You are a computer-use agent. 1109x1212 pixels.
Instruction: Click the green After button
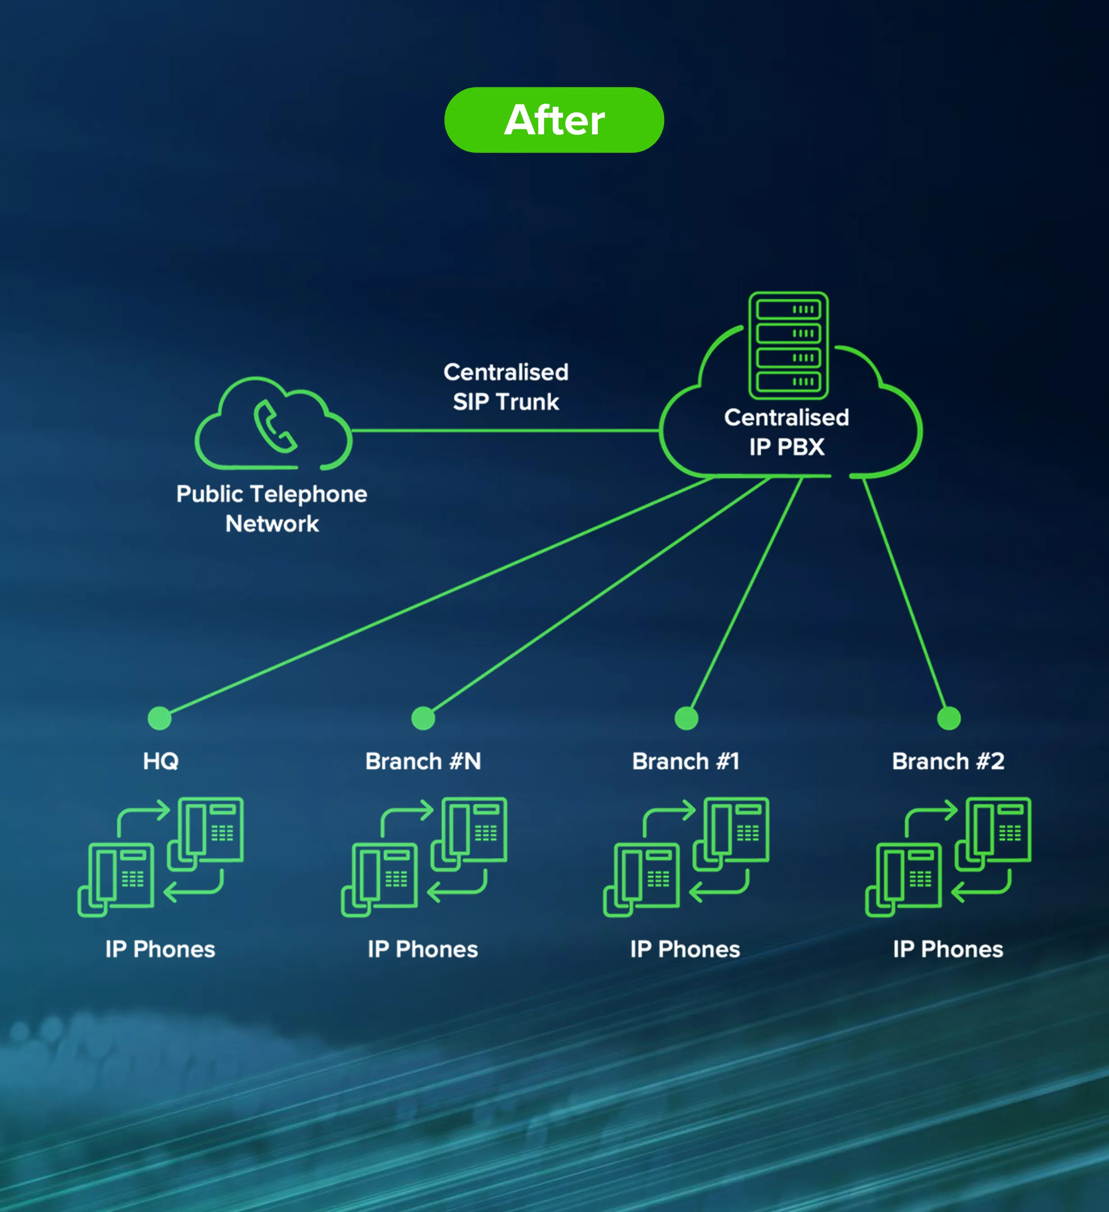coord(554,119)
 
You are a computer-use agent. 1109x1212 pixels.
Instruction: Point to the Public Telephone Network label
coord(272,508)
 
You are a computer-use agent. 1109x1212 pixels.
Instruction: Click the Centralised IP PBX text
coord(786,432)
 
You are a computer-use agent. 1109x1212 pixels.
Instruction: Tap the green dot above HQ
coord(159,718)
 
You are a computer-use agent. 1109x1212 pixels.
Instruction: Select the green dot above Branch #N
coord(423,718)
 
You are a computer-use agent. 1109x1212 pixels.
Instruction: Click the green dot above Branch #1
coord(687,718)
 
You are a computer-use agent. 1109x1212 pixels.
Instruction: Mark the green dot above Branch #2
coord(949,718)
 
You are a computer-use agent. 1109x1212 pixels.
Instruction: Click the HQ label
coord(160,761)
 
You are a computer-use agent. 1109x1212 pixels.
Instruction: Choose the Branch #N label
coord(423,761)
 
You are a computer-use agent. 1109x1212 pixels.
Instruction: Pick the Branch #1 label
coord(685,761)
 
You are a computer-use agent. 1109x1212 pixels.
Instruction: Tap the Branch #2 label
coord(948,761)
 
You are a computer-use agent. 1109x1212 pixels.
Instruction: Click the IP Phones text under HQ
coord(160,949)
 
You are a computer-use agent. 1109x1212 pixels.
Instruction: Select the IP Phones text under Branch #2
coord(948,949)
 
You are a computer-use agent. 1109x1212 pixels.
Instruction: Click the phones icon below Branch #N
coord(424,857)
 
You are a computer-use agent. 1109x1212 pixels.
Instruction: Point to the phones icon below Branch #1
coord(686,857)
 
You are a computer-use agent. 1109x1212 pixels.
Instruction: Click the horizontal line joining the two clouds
coord(505,431)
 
